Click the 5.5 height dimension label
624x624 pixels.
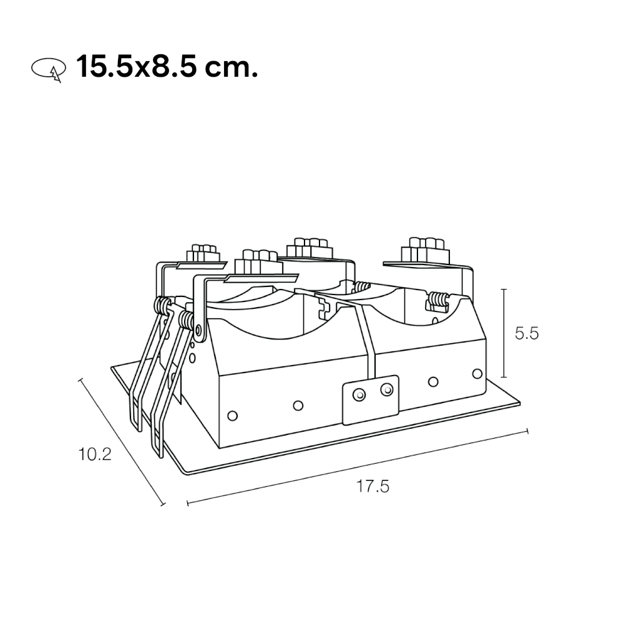527,333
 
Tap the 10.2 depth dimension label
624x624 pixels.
95,454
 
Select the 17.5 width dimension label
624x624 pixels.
372,486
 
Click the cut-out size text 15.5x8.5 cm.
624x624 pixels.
167,67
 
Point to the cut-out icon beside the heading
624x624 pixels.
49,69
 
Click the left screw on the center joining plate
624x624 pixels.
359,395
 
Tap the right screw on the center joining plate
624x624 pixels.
386,389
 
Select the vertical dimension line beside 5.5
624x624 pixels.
504,333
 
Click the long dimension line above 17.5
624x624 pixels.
358,467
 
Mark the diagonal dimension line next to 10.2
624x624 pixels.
122,442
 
